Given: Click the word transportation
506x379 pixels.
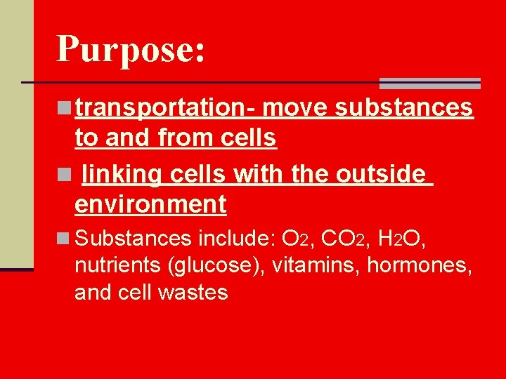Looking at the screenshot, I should tap(165, 107).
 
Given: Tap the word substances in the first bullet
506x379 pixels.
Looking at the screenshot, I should tap(403, 107).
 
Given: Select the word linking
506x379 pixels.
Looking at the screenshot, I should tap(119, 173).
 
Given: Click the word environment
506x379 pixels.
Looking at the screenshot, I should tap(150, 204).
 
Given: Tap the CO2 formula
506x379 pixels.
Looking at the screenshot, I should tap(342, 239).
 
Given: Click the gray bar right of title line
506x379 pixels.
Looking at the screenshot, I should tap(429, 84).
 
